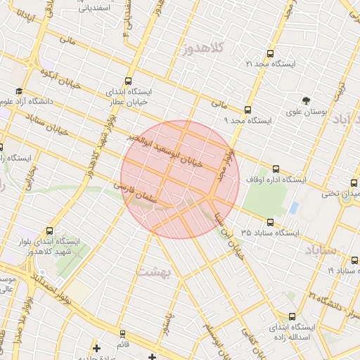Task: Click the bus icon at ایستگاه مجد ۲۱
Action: pyautogui.click(x=271, y=53)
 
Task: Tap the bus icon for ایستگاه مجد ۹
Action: pyautogui.click(x=247, y=110)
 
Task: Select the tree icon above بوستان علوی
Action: pyautogui.click(x=306, y=101)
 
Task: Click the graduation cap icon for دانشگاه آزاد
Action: pyautogui.click(x=18, y=91)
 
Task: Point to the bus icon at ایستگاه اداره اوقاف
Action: pyautogui.click(x=276, y=169)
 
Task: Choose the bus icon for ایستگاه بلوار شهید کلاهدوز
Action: pyautogui.click(x=49, y=231)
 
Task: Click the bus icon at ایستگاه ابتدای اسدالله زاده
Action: pyautogui.click(x=292, y=316)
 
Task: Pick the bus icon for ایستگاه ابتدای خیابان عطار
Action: pyautogui.click(x=128, y=81)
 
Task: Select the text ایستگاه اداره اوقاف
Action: pyautogui.click(x=276, y=180)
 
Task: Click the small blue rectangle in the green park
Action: pyautogui.click(x=294, y=207)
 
